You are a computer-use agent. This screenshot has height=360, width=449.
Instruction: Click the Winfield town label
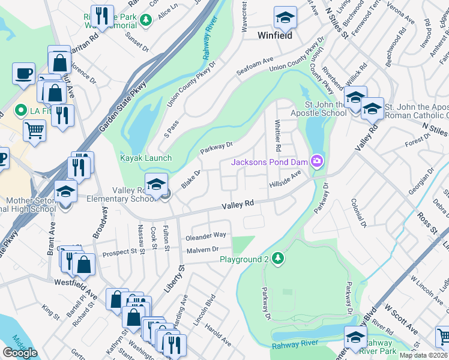point(275,35)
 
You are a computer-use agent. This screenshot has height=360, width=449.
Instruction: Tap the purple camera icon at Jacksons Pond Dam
point(316,161)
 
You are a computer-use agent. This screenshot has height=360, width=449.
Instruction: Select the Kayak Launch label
point(146,158)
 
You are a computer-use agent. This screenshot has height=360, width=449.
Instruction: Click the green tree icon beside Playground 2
point(277,259)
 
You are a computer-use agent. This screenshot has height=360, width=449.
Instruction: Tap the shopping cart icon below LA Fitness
point(35,129)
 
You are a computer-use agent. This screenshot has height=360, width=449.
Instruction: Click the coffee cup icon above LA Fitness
point(23,73)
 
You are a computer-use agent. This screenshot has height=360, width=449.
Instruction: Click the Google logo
point(20,352)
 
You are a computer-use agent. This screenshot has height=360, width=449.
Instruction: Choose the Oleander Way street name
point(206,235)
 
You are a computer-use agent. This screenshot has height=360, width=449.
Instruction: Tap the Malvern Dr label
point(201,250)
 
